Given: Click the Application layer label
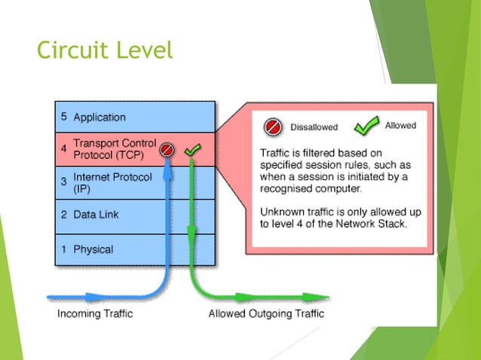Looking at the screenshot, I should (x=100, y=117).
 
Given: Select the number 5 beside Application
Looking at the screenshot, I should (x=63, y=117).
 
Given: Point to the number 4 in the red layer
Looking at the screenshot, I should (x=63, y=148).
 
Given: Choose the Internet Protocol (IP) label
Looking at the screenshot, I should (x=112, y=182).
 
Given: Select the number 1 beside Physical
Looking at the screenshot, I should (x=63, y=249).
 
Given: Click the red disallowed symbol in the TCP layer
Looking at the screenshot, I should (x=167, y=151).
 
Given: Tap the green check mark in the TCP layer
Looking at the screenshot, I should (x=192, y=151).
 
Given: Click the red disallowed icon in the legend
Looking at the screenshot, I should (x=272, y=127).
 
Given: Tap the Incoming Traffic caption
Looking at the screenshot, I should (x=95, y=313).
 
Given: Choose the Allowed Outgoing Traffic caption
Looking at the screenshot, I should (x=266, y=313).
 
